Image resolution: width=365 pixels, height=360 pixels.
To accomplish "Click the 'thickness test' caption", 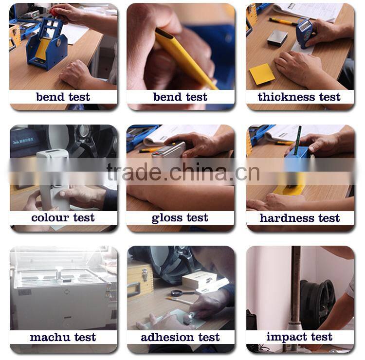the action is [x=299, y=97].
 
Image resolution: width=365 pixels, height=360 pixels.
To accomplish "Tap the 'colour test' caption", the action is [x=63, y=218].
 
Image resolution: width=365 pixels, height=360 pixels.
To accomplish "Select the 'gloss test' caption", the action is [x=180, y=218].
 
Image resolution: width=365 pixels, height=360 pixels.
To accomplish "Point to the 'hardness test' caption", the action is [x=300, y=218].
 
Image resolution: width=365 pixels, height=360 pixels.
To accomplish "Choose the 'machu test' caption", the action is [x=63, y=337].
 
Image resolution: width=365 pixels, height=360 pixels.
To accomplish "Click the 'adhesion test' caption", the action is [x=180, y=337].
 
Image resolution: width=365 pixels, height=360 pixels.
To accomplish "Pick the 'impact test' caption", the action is [x=299, y=337].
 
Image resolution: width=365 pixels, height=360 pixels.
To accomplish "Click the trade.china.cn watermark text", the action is [x=183, y=172].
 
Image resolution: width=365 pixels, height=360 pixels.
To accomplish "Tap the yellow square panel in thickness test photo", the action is [x=262, y=74].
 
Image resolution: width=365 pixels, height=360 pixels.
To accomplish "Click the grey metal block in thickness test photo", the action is [x=277, y=37].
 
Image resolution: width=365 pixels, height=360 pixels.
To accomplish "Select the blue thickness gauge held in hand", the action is [x=304, y=33].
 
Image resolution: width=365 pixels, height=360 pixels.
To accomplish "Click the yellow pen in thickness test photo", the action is [x=283, y=21].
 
